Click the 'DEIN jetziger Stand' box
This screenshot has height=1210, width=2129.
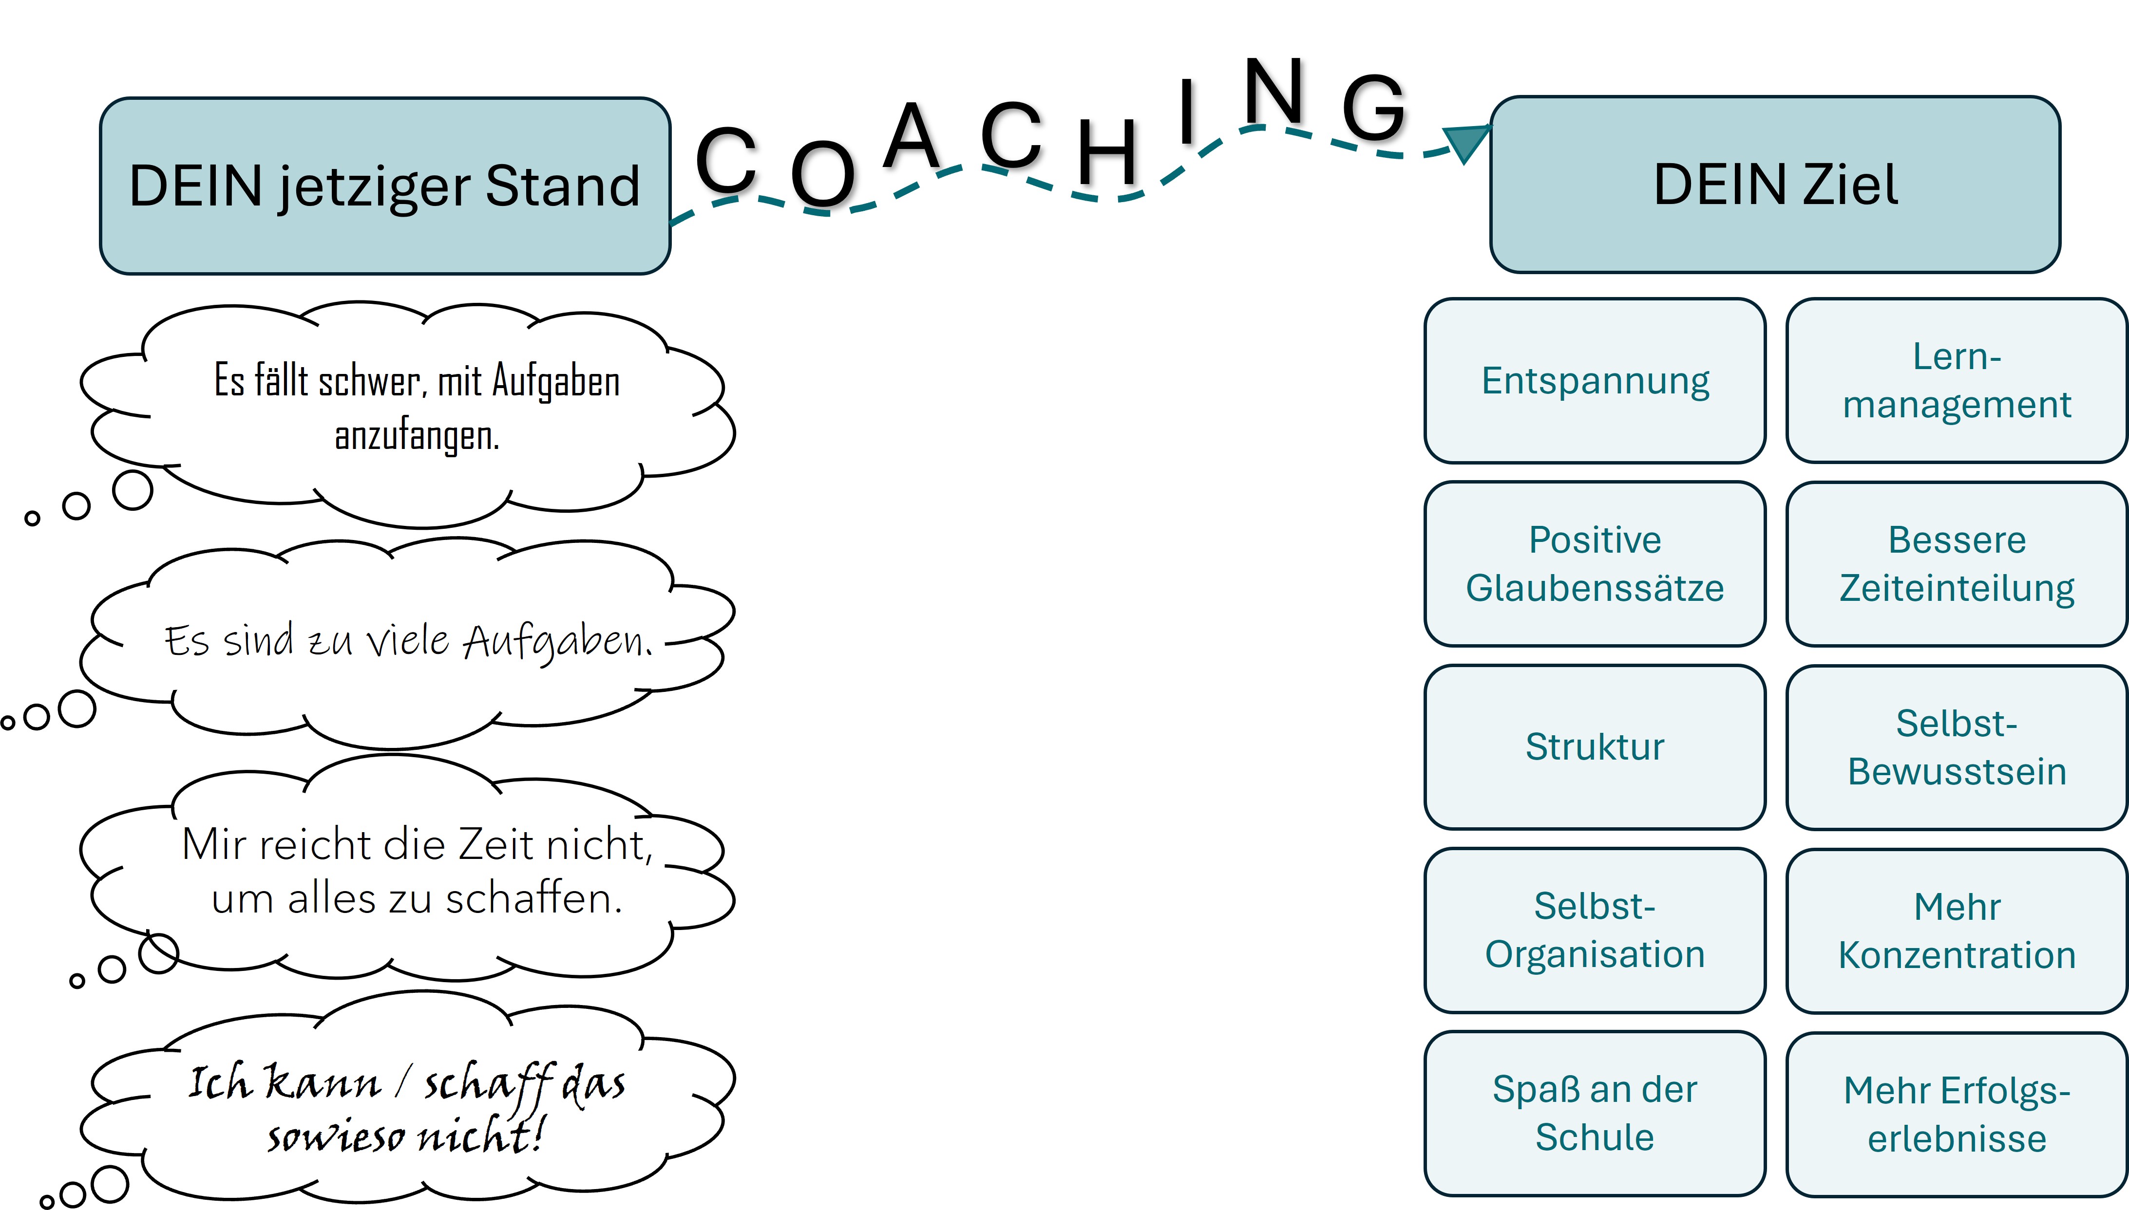coord(385,186)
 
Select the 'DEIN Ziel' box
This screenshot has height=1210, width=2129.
coord(1775,185)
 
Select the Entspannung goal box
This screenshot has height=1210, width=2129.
coord(1595,381)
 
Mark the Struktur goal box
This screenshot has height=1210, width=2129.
coord(1595,747)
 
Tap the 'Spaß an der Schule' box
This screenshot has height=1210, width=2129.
coord(1595,1114)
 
